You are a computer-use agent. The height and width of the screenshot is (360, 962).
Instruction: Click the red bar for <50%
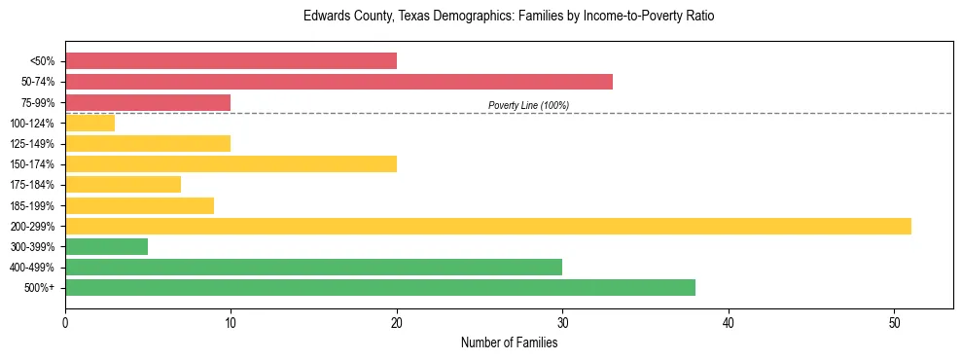pyautogui.click(x=231, y=61)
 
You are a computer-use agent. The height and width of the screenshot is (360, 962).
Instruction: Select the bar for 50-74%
pyautogui.click(x=338, y=82)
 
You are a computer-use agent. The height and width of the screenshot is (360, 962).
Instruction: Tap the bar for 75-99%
pyautogui.click(x=148, y=102)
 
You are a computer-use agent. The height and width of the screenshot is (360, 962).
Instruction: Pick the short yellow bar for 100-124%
pyautogui.click(x=89, y=123)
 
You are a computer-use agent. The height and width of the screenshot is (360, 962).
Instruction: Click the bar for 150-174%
pyautogui.click(x=231, y=163)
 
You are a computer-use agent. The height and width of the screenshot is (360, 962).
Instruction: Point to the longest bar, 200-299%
pyautogui.click(x=487, y=226)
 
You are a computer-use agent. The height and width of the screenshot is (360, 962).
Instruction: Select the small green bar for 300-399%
pyautogui.click(x=106, y=246)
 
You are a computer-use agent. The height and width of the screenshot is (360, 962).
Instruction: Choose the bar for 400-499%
pyautogui.click(x=313, y=267)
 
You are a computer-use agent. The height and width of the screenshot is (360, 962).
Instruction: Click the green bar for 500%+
pyautogui.click(x=379, y=287)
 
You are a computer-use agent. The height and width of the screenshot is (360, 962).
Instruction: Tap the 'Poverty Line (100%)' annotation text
pyautogui.click(x=528, y=105)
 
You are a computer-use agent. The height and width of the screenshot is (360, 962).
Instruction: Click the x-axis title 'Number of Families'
pyautogui.click(x=509, y=342)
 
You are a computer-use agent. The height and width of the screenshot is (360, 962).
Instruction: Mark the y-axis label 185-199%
pyautogui.click(x=32, y=205)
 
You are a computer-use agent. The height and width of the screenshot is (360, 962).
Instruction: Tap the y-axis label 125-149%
pyautogui.click(x=32, y=144)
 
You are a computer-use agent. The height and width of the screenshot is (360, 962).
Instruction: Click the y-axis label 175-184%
pyautogui.click(x=32, y=185)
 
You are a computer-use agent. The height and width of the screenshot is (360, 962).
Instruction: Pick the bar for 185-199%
pyautogui.click(x=139, y=205)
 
